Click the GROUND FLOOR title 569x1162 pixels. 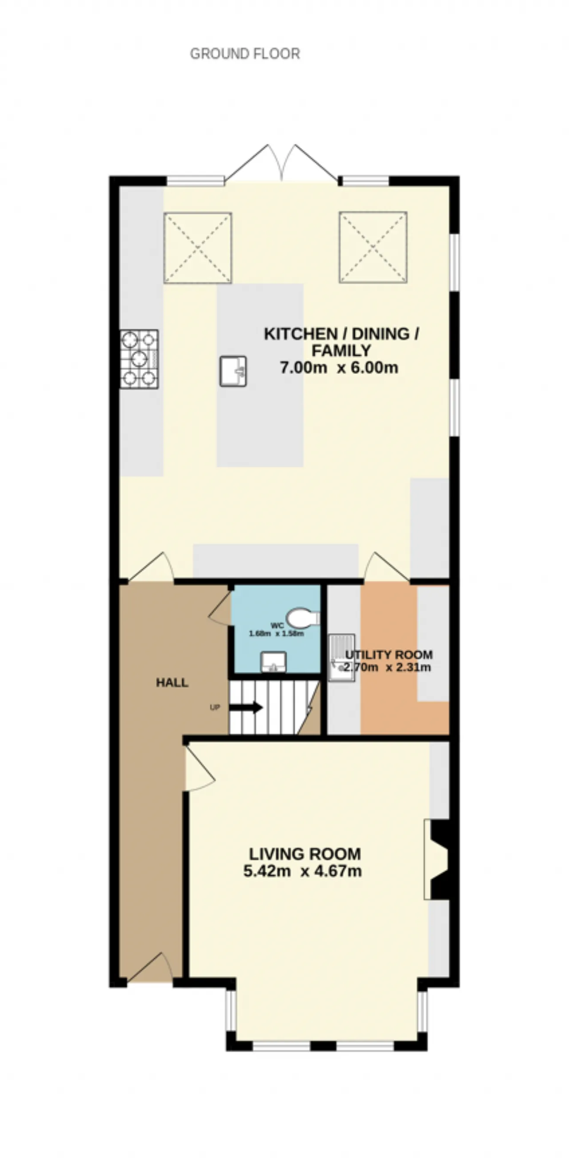pos(245,54)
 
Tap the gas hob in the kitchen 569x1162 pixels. pos(139,359)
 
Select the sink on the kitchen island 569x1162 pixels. pos(233,371)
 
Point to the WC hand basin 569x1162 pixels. pos(273,661)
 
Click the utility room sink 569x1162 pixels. pos(341,657)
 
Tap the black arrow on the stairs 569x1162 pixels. pos(246,707)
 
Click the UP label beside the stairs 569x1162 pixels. pos(215,707)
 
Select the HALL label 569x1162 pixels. pos(172,682)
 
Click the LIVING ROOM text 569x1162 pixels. pos(305,853)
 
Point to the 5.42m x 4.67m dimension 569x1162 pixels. pos(303,871)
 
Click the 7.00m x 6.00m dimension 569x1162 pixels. pos(339,368)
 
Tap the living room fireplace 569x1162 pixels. pos(437,859)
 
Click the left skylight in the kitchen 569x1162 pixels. pos(198,248)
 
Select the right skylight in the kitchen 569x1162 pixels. pos(373,247)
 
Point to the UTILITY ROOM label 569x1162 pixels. pos(389,654)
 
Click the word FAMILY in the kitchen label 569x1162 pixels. pos(341,350)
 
